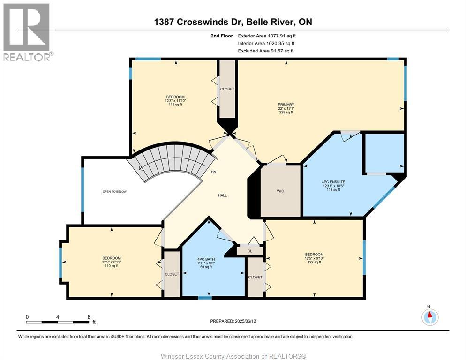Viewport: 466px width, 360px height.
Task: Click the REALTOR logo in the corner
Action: point(27,32)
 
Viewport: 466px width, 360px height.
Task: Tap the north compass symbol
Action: point(429,317)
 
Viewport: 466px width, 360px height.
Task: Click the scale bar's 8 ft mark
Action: point(89,317)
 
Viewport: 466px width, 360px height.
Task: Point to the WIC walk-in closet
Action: point(280,191)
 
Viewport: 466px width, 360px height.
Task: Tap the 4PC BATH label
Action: point(206,259)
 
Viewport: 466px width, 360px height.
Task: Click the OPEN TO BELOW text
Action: point(115,191)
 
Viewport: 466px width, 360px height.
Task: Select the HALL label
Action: point(222,195)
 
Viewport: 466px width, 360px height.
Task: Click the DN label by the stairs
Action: point(213,172)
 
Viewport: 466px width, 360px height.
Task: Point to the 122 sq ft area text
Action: point(314,262)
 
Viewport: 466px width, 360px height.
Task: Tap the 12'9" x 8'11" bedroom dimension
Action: point(112,262)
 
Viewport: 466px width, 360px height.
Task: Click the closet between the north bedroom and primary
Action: point(227,89)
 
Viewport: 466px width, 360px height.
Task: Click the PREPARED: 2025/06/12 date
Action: point(233,321)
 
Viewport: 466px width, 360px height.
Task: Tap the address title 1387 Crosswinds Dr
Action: point(233,22)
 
